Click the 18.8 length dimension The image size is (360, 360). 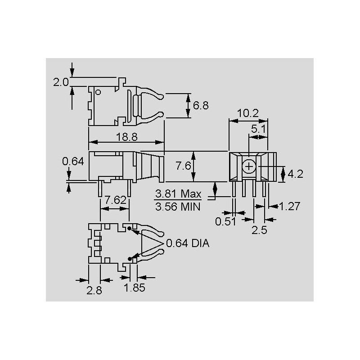[x=127, y=137]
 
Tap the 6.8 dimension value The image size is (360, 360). [x=201, y=106]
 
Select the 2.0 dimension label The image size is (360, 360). [x=61, y=82]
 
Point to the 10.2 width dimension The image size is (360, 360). [x=248, y=113]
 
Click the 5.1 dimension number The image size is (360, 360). [x=258, y=129]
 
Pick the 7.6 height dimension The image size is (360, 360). [x=183, y=166]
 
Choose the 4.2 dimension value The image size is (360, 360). [x=296, y=174]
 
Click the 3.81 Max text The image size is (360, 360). [x=178, y=194]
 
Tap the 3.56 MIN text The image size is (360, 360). [x=178, y=207]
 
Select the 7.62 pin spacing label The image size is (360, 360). [x=116, y=200]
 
